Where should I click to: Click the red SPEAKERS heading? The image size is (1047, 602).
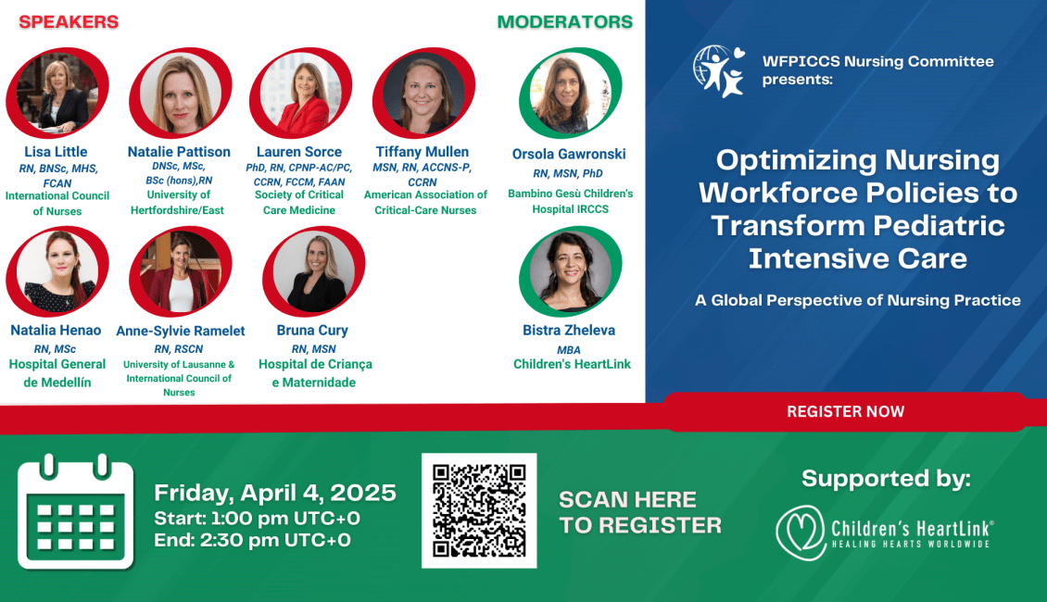(x=69, y=22)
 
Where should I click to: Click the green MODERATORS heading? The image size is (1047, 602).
(x=565, y=22)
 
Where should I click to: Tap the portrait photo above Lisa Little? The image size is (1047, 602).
(x=57, y=93)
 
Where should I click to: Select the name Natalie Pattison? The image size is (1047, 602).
(x=179, y=152)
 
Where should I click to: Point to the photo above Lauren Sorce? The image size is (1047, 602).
(x=300, y=93)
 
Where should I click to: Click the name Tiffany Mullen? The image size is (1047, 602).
(x=423, y=152)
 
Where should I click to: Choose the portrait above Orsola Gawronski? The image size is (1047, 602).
(x=570, y=93)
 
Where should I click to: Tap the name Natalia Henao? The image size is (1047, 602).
(x=57, y=330)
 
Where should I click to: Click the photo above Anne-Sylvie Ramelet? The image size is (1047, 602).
(x=181, y=271)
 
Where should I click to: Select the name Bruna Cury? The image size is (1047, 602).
(x=312, y=330)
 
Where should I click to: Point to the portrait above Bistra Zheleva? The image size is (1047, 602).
(x=570, y=271)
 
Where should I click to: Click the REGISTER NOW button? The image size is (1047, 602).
(x=845, y=412)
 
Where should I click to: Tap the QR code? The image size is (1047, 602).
(x=479, y=510)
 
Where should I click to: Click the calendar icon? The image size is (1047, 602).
(x=75, y=512)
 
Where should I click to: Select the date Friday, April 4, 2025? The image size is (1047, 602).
(x=275, y=493)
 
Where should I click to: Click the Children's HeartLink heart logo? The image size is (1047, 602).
(x=801, y=533)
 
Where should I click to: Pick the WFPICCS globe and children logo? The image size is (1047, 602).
(x=719, y=71)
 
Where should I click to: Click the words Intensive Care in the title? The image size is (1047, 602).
(x=857, y=258)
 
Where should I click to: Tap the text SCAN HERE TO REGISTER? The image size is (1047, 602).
(x=640, y=512)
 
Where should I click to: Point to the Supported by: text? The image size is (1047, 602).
(x=886, y=479)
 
